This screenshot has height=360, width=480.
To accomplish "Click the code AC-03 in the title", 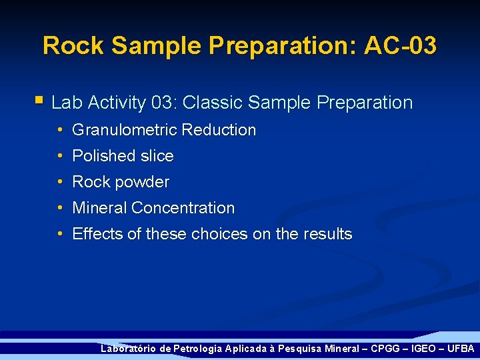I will [x=400, y=46].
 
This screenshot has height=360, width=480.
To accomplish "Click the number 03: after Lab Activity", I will [x=164, y=103].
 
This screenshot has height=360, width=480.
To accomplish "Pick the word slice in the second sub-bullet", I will [x=157, y=156].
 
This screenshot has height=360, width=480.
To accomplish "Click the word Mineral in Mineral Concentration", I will [x=99, y=208].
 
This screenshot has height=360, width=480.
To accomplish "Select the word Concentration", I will [x=183, y=208].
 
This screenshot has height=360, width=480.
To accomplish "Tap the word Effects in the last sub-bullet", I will [x=97, y=234].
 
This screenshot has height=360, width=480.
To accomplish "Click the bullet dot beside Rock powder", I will [x=60, y=182].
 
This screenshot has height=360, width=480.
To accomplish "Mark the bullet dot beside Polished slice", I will [x=60, y=156].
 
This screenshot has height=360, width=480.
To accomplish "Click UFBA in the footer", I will [x=460, y=349].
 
